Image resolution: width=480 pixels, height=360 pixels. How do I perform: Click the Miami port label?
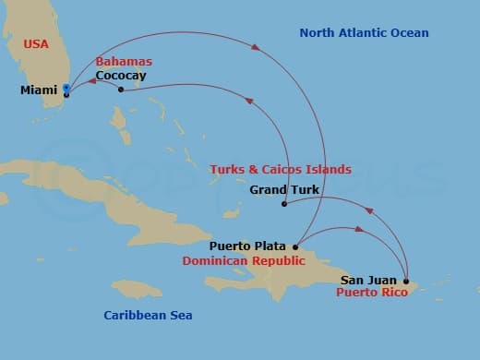point(38,90)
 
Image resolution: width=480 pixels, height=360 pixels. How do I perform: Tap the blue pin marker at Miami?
point(66,89)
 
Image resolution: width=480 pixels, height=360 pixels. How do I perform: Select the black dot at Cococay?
point(121,90)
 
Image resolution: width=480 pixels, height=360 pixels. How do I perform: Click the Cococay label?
point(121,76)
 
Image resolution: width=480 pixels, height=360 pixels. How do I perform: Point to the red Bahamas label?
point(124,62)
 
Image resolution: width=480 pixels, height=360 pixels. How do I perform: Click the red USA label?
point(37,44)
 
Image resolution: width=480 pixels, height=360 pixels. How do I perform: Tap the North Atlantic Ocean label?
point(364,33)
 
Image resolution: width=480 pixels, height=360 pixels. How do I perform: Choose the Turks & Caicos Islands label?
point(281,170)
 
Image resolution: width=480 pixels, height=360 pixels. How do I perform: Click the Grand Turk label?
point(284,190)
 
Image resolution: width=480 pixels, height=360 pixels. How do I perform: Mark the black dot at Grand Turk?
point(284,204)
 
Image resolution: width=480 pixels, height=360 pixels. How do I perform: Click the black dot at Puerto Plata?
point(295,246)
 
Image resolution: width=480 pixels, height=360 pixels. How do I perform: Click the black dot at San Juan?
point(406,280)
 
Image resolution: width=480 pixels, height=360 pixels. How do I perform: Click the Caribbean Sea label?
point(148,316)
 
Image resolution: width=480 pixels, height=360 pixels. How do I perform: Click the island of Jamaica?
point(138,290)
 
